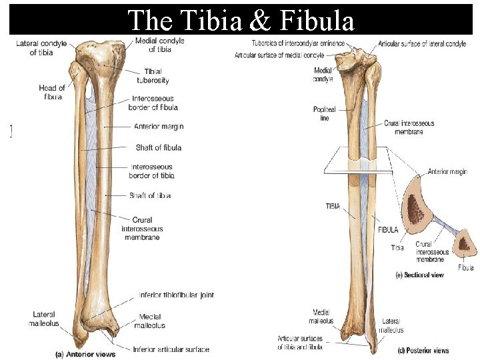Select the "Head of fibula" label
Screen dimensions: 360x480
point(51,93)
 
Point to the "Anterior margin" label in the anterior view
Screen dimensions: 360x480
point(159,127)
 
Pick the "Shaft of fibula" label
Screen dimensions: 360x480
point(158,147)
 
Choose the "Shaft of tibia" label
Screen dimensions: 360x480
point(150,195)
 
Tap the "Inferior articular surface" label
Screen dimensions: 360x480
point(171,349)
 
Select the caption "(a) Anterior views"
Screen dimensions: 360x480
point(85,354)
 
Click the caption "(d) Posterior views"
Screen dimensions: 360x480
point(423,350)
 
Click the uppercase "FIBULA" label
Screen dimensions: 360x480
point(388,230)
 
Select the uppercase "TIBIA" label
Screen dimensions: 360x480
point(333,207)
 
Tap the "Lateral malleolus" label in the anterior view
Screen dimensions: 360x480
point(44,319)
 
